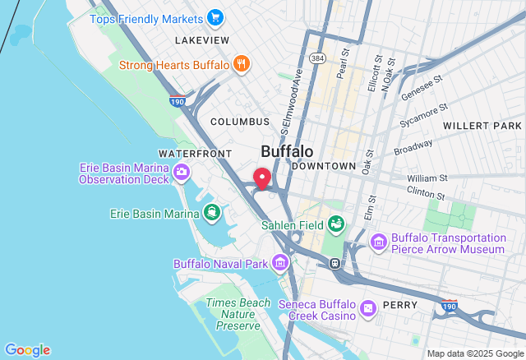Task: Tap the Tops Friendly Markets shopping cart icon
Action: (x=215, y=18)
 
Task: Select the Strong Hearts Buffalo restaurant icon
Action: (x=241, y=64)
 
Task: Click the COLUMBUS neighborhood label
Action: (x=239, y=122)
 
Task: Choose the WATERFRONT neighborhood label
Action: (x=196, y=154)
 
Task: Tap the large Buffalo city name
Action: (x=287, y=152)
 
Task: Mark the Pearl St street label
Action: (x=344, y=61)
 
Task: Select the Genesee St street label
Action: (x=422, y=88)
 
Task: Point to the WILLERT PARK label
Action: (x=482, y=126)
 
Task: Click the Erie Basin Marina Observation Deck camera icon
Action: (x=182, y=173)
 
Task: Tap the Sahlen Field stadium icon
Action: (x=336, y=224)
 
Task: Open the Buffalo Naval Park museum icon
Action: (x=280, y=264)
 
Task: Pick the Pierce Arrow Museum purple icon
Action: (x=378, y=242)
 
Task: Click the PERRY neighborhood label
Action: (x=401, y=305)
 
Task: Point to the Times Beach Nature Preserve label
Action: (x=238, y=314)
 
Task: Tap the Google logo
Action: (x=27, y=350)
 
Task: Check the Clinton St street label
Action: (x=426, y=193)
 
